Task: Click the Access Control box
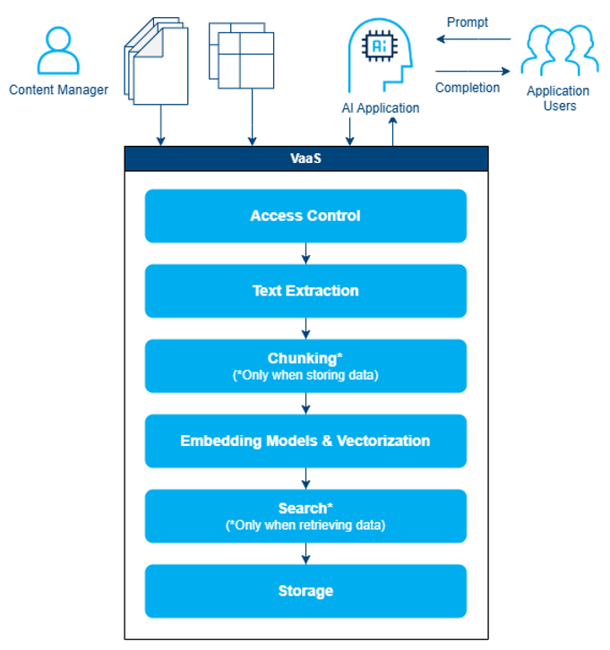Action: (305, 216)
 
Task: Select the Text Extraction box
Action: (305, 291)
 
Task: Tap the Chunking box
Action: (305, 365)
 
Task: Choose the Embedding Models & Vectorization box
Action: (305, 440)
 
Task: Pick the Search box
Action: (305, 516)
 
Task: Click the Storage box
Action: (305, 591)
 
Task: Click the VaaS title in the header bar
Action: (305, 158)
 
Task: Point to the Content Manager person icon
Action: (58, 50)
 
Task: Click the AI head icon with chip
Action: (382, 54)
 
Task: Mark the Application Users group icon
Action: (559, 50)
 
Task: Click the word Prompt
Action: (468, 22)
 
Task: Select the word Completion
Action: (468, 88)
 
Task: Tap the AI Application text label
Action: (381, 108)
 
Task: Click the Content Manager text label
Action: (58, 90)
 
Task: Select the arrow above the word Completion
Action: (473, 72)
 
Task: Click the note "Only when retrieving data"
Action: (305, 526)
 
